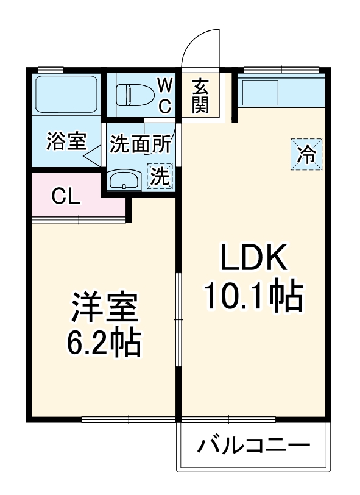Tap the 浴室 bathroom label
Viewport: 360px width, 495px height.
(65, 142)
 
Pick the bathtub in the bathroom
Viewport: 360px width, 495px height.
(65, 94)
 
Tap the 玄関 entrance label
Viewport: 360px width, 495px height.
(200, 96)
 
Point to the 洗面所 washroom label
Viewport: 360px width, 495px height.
(141, 144)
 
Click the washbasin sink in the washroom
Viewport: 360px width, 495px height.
(124, 180)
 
